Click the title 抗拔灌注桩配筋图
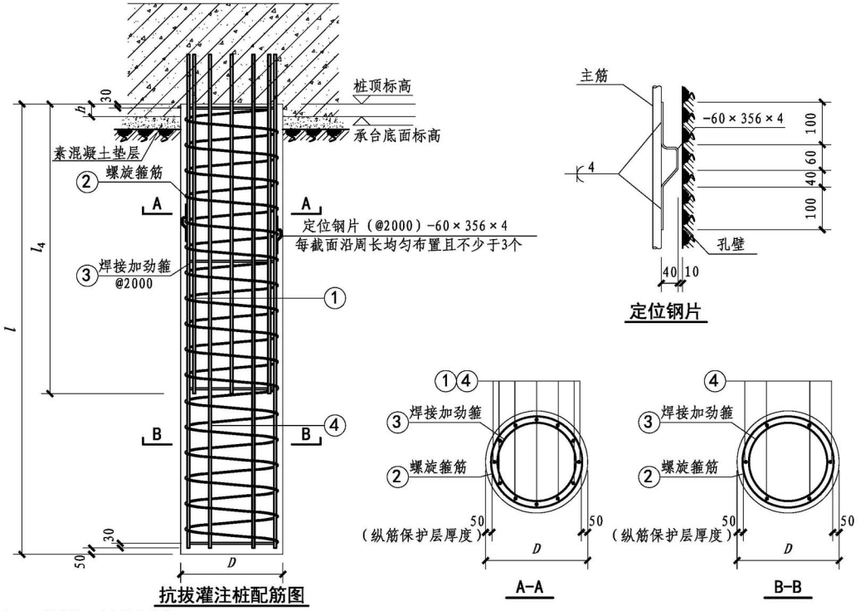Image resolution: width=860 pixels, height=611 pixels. tap(235, 595)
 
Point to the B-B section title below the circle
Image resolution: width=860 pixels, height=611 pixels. tap(785, 589)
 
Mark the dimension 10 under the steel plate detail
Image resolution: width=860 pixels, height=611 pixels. tap(692, 271)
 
